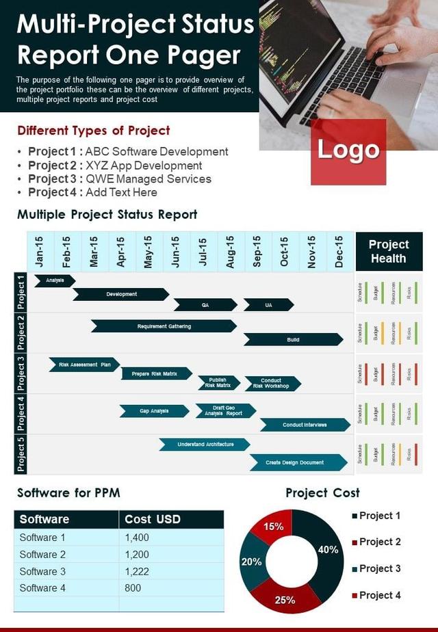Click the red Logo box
(x=348, y=151)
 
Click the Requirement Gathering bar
(x=164, y=326)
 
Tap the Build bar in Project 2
(x=293, y=339)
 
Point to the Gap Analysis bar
(x=155, y=411)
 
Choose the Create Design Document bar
(x=295, y=462)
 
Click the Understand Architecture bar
(x=205, y=445)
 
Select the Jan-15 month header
(x=40, y=251)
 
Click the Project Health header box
(x=389, y=251)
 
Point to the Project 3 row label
(x=21, y=373)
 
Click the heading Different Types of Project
(x=94, y=131)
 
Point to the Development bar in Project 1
(x=121, y=294)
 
